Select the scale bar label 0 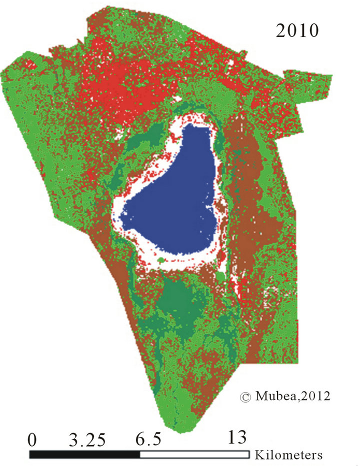pos(33,440)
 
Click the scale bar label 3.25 pos(87,440)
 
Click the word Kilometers pos(288,455)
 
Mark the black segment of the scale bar pos(85,455)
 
